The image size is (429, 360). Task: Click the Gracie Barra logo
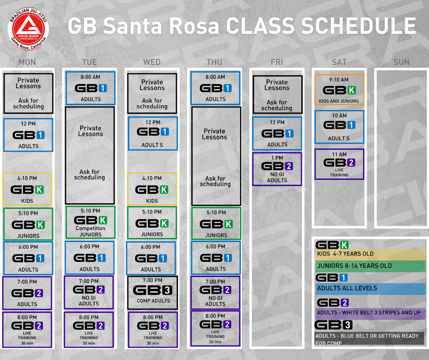(28, 29)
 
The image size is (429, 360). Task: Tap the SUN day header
(401, 62)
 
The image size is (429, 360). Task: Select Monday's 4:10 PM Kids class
(27, 189)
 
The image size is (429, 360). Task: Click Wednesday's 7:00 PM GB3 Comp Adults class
(152, 292)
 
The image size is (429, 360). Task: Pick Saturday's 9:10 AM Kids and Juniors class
(339, 90)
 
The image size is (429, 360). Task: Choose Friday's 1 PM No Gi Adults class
(277, 169)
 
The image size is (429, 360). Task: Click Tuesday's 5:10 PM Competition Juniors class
(90, 222)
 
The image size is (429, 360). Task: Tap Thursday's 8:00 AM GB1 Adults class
(215, 88)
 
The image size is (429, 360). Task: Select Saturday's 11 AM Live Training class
(339, 164)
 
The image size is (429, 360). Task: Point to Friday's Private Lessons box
(277, 95)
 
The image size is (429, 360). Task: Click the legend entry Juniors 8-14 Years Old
(370, 266)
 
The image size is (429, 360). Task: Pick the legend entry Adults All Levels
(370, 288)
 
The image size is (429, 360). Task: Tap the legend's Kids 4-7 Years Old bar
(370, 254)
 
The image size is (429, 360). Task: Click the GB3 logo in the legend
(334, 325)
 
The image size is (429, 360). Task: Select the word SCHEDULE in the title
(359, 26)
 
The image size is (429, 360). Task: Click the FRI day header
(277, 62)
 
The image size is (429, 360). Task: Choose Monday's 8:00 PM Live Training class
(27, 330)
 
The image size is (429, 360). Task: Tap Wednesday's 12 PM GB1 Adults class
(153, 133)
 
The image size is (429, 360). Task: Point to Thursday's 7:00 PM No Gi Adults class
(215, 292)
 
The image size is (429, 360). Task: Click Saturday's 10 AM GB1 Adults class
(339, 127)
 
